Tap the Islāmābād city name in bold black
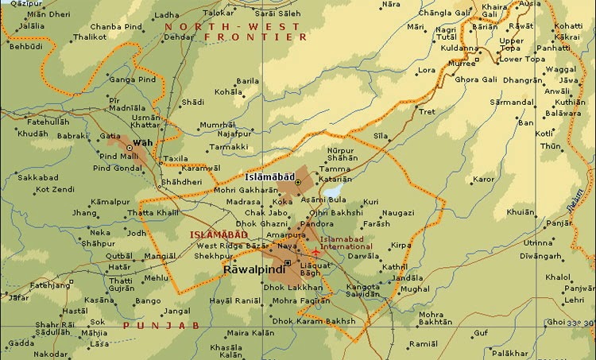pos(269,174)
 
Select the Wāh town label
pos(142,142)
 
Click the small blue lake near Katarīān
pos(333,192)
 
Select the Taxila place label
pos(176,158)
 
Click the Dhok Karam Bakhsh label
pos(315,321)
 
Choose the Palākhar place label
pos(509,353)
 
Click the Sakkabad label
pos(37,178)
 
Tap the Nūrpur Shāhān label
pos(343,154)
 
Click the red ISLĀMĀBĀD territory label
pos(215,234)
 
